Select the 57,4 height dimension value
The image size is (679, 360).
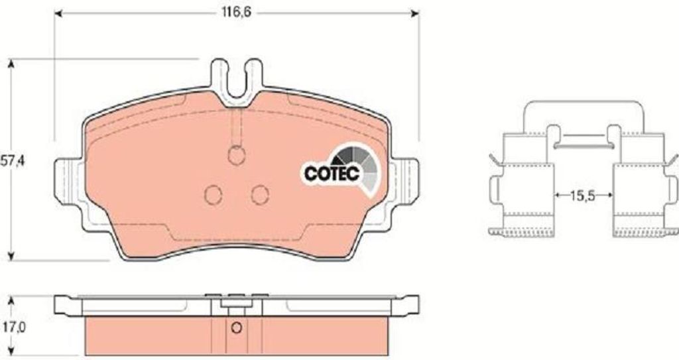click(13, 161)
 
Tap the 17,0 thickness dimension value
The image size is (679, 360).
click(13, 327)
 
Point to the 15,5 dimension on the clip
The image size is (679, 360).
click(583, 196)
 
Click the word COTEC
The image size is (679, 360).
click(332, 173)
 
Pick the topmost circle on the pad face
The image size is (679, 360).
click(237, 156)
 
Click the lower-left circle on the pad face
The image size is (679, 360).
click(213, 194)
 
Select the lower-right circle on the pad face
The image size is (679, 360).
click(260, 194)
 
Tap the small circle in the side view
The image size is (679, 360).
click(237, 328)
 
